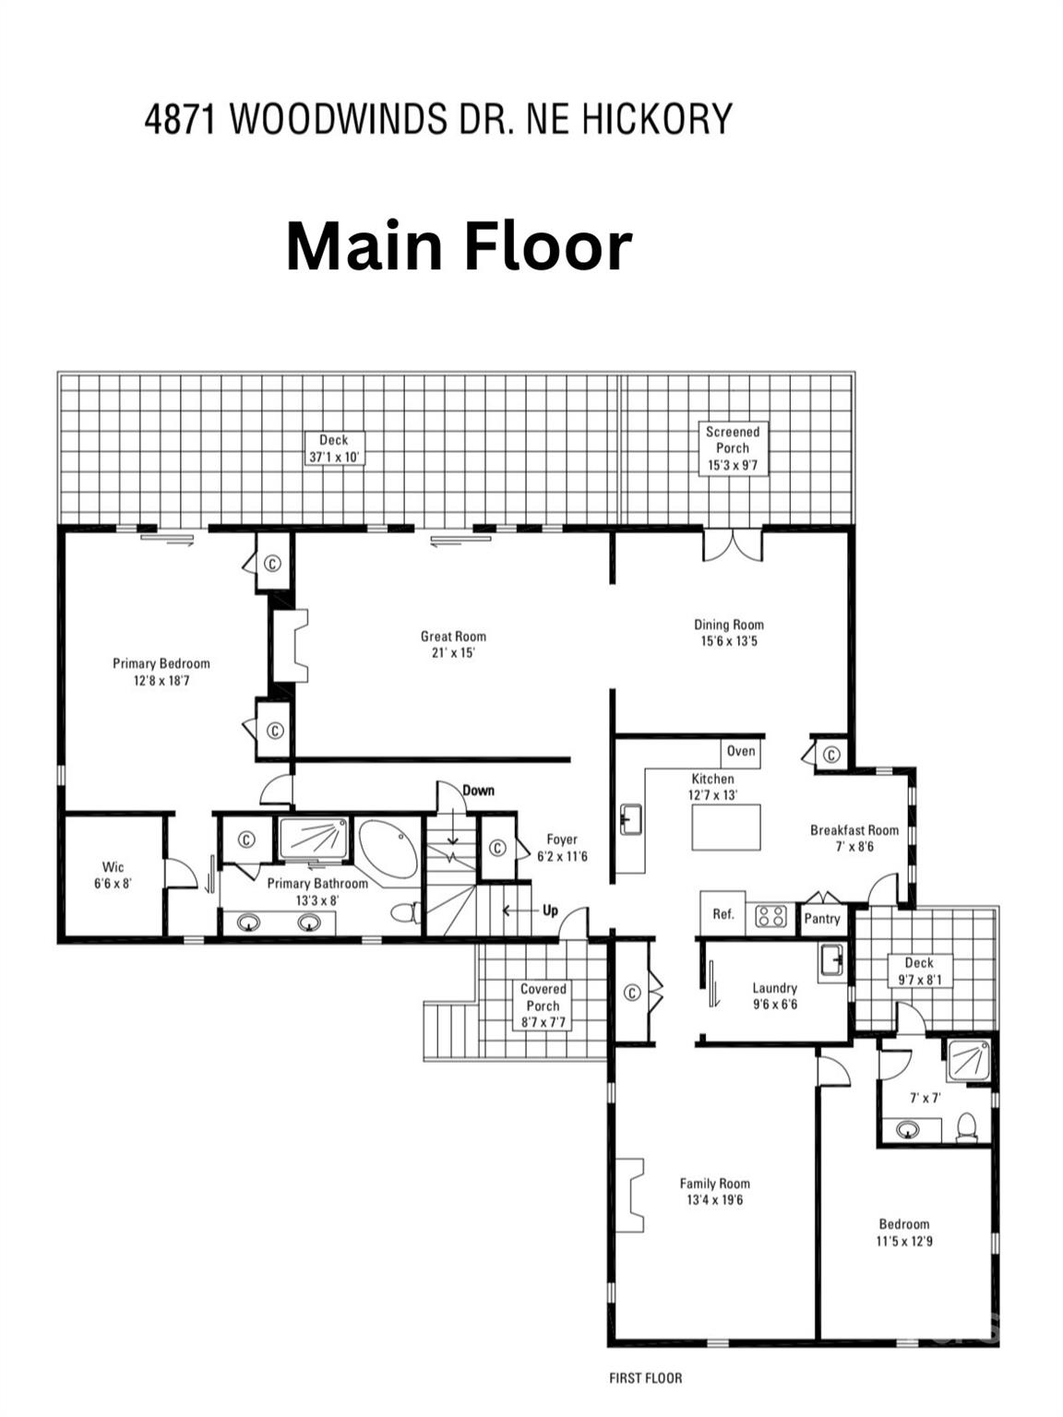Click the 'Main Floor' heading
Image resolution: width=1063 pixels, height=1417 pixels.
[459, 246]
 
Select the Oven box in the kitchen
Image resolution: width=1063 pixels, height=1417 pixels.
[741, 751]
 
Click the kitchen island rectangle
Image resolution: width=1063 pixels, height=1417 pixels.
[726, 827]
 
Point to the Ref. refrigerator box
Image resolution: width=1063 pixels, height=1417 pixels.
[723, 914]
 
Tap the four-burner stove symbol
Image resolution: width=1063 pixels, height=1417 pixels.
[771, 916]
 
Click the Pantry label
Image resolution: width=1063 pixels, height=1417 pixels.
[821, 919]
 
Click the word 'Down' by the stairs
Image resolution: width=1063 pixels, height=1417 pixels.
[478, 791]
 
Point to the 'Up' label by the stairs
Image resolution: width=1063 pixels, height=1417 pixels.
[550, 911]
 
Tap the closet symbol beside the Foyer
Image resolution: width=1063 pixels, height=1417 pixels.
[496, 848]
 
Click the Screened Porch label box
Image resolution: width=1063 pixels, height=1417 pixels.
[733, 448]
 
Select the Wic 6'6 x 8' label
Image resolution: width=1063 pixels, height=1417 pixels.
[113, 875]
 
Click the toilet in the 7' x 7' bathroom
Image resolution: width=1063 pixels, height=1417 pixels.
[967, 1127]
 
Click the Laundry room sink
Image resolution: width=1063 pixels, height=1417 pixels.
[833, 961]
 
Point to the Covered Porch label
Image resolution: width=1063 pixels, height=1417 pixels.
[543, 1006]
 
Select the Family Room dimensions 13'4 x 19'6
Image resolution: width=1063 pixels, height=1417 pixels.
[714, 1200]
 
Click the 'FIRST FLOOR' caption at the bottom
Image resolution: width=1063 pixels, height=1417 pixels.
[646, 1378]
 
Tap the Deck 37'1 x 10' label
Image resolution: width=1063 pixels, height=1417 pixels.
[333, 448]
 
